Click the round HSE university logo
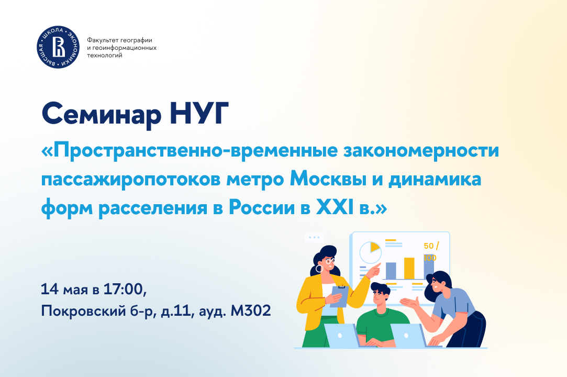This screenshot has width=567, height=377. [58, 47]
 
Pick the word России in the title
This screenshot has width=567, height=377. [262, 208]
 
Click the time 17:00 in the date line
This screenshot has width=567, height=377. [125, 290]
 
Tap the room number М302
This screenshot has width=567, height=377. [251, 311]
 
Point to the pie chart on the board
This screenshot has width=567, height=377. [370, 252]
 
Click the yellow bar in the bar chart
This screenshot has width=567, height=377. [409, 268]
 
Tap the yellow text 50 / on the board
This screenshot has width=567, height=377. [431, 246]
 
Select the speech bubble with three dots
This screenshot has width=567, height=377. [314, 238]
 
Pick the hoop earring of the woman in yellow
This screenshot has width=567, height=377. [319, 269]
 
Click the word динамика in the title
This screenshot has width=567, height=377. [435, 180]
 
